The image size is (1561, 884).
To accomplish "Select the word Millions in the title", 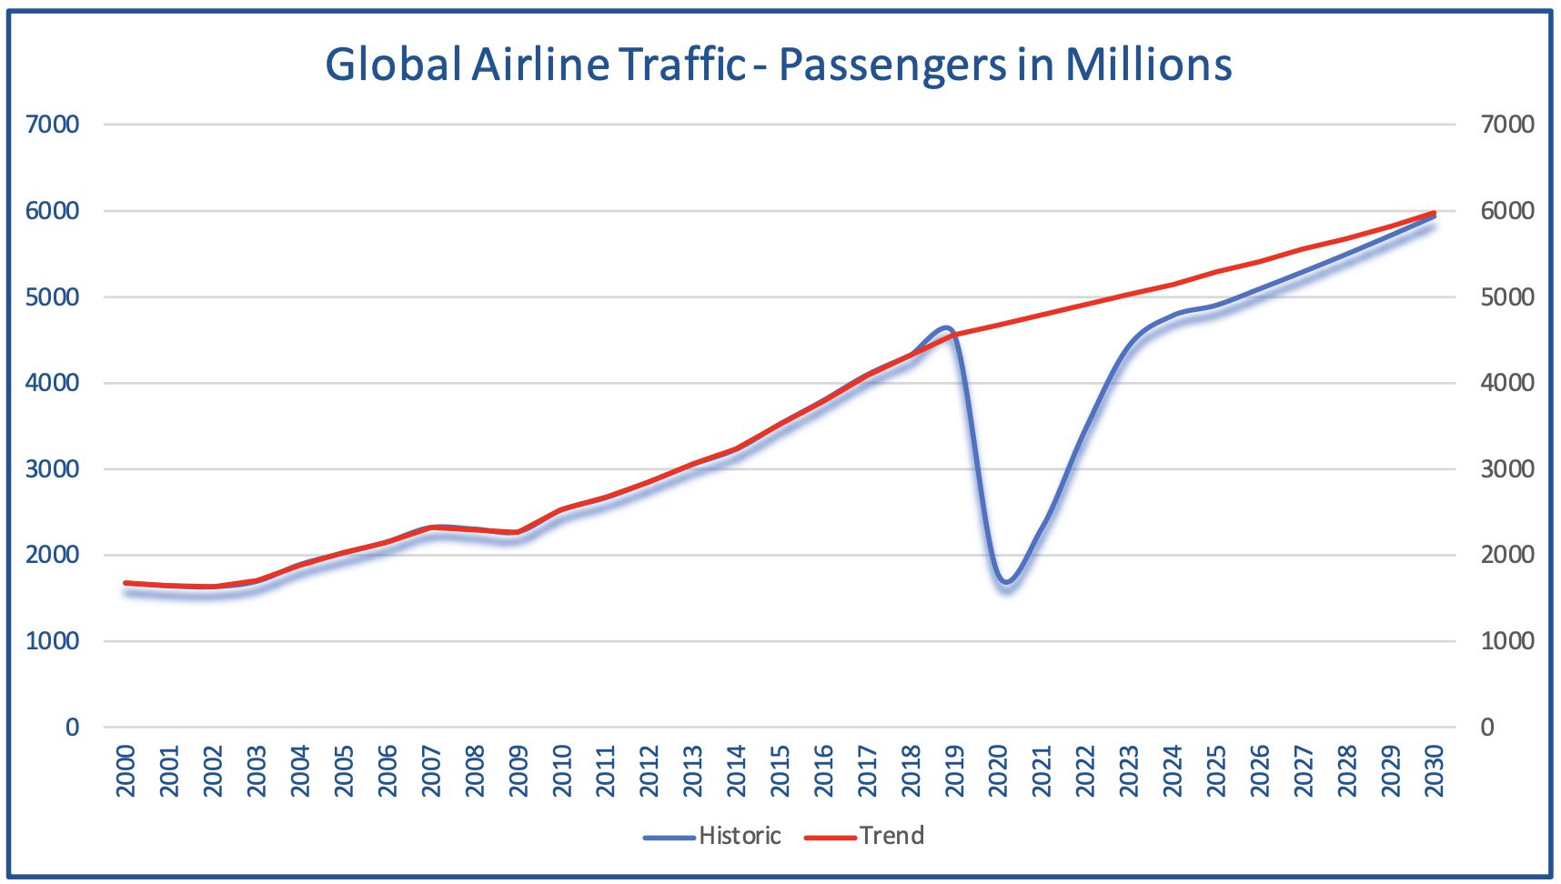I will point(1148,64).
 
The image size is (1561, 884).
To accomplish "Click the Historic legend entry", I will point(739,836).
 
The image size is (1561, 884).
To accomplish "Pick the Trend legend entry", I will point(891,836).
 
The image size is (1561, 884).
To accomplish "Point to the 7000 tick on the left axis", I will point(52,125).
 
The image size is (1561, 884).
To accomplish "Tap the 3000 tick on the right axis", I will point(1507,469).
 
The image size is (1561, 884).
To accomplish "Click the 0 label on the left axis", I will point(72,727).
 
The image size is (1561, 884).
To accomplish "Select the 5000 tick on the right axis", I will point(1507,297).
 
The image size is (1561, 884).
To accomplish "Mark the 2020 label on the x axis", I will point(999,771).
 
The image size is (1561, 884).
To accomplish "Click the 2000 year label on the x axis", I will point(126,771).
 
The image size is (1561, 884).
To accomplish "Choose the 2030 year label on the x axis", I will point(1435,771).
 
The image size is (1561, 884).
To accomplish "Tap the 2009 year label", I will point(519,771).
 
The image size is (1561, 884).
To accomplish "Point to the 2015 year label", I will point(780,771).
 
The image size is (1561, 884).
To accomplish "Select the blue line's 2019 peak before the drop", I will point(946,327).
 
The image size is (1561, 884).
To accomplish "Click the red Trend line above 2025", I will point(1216,272).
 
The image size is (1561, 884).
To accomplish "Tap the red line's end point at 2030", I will point(1435,213).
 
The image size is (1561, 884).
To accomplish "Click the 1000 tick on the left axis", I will point(52,641).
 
